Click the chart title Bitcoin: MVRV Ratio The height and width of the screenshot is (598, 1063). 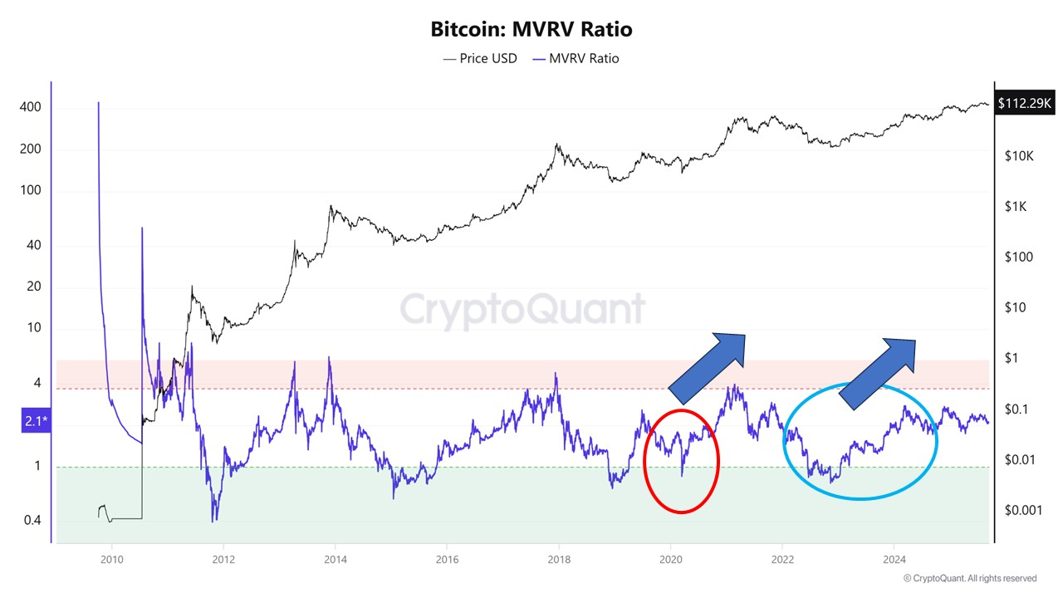tap(531, 30)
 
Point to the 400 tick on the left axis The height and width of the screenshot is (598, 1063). tap(31, 108)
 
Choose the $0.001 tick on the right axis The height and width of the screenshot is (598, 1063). tap(1022, 510)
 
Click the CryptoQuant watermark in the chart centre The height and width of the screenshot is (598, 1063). tap(523, 310)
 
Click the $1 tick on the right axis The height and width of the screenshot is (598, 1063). tap(1012, 358)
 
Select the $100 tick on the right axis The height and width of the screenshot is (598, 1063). tap(1018, 257)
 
